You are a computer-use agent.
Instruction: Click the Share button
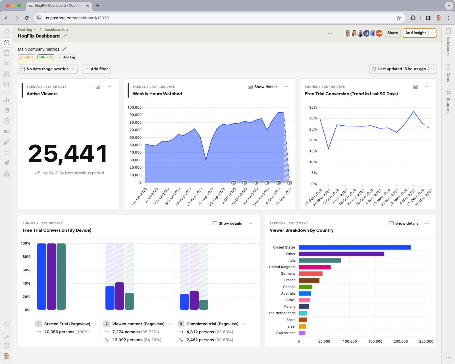point(392,33)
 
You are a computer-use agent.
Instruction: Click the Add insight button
point(415,33)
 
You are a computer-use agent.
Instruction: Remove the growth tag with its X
point(32,57)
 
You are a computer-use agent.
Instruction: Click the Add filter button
point(96,69)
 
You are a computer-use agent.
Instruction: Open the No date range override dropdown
point(48,69)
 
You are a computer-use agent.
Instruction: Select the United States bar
point(354,247)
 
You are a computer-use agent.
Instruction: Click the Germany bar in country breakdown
point(310,274)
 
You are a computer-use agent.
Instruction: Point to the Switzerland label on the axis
point(286,333)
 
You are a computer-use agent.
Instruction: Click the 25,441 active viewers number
point(68,154)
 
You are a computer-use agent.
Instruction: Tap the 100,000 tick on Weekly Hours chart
point(134,107)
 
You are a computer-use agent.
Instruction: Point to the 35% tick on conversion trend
point(313,107)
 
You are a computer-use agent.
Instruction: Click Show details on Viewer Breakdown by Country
point(404,224)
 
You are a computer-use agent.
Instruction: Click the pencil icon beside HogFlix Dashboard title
point(65,36)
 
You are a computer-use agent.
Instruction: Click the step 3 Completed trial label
point(212,324)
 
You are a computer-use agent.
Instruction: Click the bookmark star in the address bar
point(399,18)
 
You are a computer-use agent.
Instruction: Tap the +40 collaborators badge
point(379,33)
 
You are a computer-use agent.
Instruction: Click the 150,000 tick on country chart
point(375,342)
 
